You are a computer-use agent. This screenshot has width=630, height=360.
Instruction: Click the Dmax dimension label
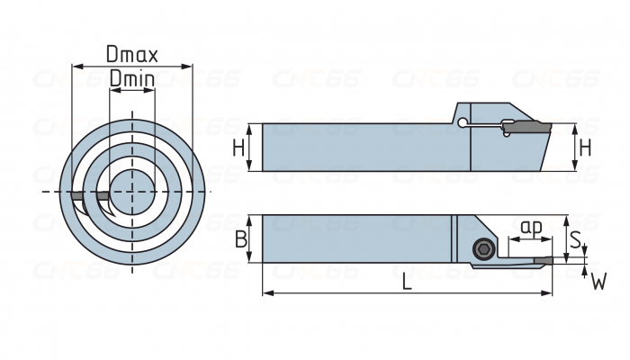(x=132, y=54)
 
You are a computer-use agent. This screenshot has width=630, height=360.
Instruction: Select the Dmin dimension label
(x=132, y=79)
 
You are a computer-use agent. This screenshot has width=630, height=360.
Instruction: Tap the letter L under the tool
(x=407, y=282)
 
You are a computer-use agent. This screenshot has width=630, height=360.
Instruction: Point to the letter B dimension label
(x=240, y=238)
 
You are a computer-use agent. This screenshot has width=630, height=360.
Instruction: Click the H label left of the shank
(x=238, y=148)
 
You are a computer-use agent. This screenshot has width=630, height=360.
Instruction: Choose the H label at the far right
(x=586, y=148)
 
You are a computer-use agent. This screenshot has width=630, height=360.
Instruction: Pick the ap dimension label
(x=531, y=228)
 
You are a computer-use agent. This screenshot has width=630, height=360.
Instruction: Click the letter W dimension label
(x=598, y=283)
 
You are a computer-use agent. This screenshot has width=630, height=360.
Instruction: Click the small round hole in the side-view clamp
(x=462, y=123)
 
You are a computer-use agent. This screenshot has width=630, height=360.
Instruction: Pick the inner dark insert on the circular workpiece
(x=104, y=196)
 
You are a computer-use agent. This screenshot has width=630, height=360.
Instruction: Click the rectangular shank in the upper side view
(x=360, y=148)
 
